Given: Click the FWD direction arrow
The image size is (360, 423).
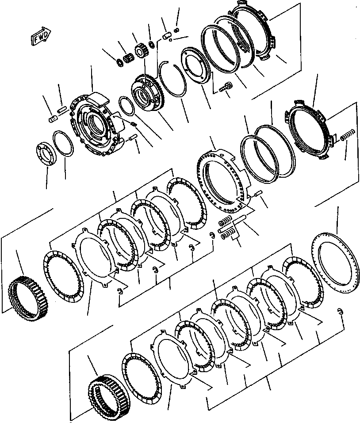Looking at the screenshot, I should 41,37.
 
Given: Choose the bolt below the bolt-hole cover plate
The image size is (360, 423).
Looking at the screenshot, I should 226,88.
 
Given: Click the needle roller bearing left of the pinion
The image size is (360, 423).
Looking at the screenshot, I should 127,58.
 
